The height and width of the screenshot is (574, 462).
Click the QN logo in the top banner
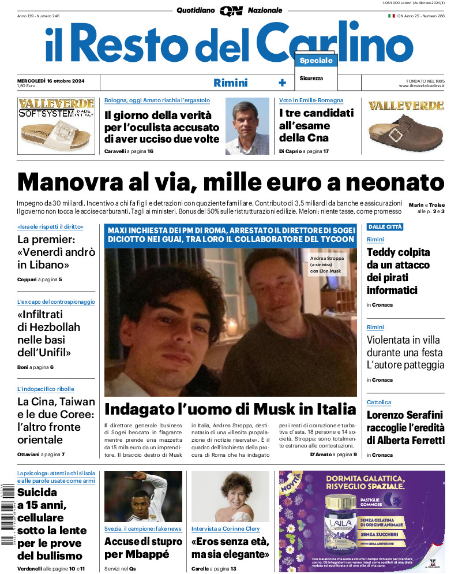pyautogui.click(x=231, y=10)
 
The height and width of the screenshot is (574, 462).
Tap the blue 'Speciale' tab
pyautogui.click(x=316, y=61)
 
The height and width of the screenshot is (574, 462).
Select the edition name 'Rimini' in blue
pyautogui.click(x=230, y=83)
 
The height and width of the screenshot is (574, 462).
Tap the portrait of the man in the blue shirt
pyautogui.click(x=247, y=126)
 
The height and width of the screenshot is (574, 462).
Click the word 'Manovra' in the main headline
pyautogui.click(x=70, y=182)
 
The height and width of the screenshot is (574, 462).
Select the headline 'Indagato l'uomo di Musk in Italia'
pyautogui.click(x=230, y=409)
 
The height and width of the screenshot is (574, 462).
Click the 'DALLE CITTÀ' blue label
pyautogui.click(x=385, y=227)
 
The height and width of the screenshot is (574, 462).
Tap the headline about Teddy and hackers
pyautogui.click(x=399, y=271)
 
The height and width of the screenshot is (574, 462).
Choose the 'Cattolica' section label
pyautogui.click(x=379, y=402)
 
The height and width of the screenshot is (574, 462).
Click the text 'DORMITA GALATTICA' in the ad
pyautogui.click(x=369, y=479)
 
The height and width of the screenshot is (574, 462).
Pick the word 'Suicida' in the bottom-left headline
pyautogui.click(x=37, y=493)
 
